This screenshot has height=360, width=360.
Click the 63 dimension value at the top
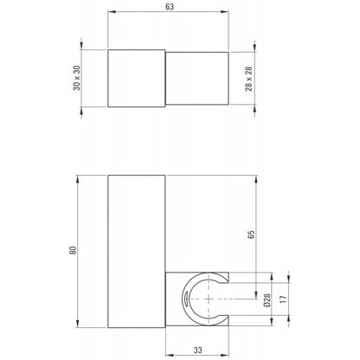[170, 7]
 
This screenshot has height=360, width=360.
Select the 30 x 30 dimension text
[77, 78]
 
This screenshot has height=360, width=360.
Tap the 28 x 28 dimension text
[248, 79]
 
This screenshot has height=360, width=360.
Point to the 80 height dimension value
[74, 250]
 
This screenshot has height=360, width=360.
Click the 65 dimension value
[251, 235]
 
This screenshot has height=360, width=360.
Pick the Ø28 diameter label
[267, 300]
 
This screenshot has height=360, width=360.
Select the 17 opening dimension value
[284, 299]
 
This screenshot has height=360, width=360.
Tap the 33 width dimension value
[198, 350]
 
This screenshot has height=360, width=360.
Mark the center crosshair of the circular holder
[209, 299]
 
